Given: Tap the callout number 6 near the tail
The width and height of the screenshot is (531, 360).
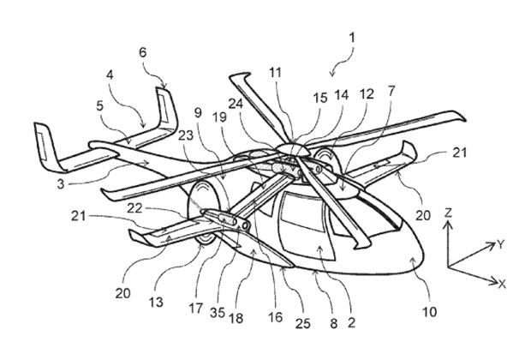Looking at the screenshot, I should point(143,75).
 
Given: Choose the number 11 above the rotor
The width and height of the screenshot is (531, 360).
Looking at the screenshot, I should point(276,75).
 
